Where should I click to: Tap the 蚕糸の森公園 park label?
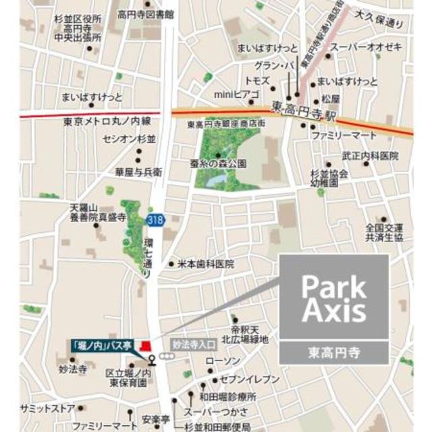pyautogui.click(x=218, y=163)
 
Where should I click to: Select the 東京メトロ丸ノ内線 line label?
pyautogui.click(x=108, y=122)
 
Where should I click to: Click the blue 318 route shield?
pyautogui.click(x=154, y=221)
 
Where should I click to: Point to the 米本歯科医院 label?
pyautogui.click(x=205, y=264)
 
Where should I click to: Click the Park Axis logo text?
pyautogui.click(x=334, y=298)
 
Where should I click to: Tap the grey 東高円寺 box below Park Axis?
pyautogui.click(x=334, y=351)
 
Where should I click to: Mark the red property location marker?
pyautogui.click(x=143, y=346)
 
